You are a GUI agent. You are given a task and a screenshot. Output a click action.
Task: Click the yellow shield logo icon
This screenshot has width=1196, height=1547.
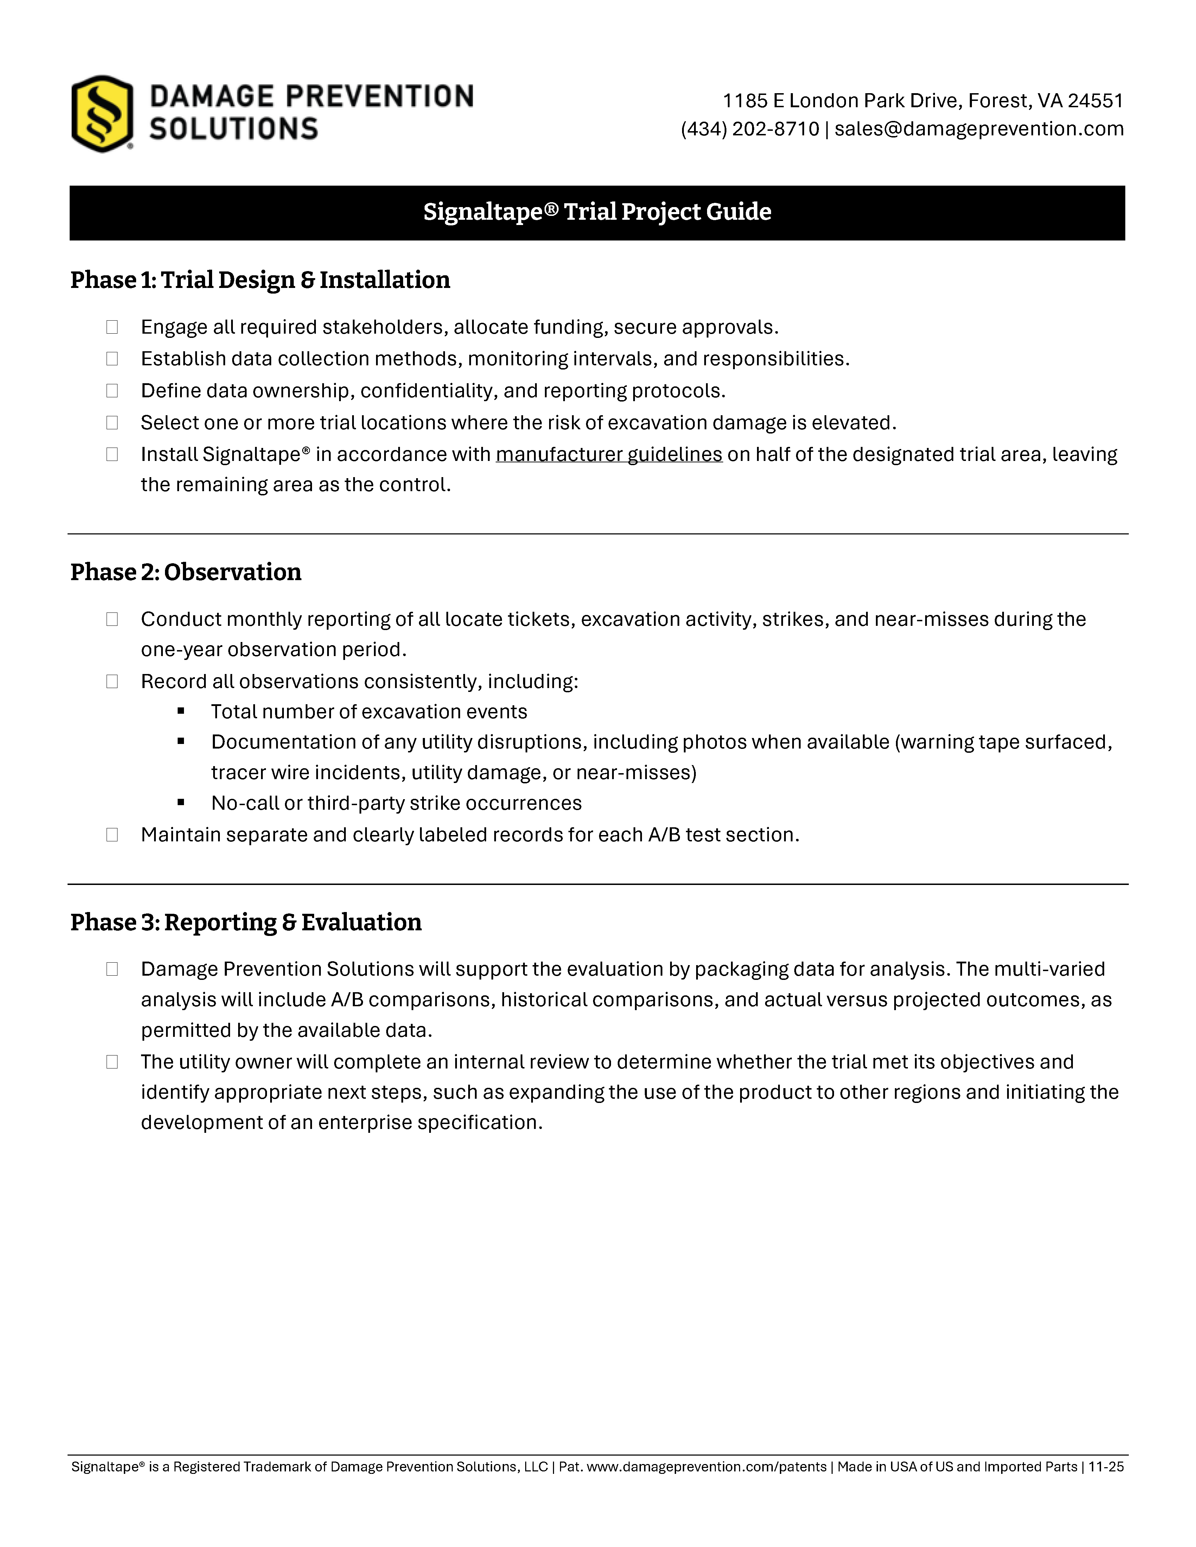pyautogui.click(x=102, y=113)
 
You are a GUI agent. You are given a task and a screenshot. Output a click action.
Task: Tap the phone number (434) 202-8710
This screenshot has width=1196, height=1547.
pyautogui.click(x=750, y=129)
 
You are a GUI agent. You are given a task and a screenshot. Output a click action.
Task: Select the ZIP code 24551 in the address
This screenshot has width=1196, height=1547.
pyautogui.click(x=1095, y=101)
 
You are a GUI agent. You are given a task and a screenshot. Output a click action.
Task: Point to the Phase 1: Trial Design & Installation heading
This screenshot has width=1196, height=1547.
pyautogui.click(x=260, y=280)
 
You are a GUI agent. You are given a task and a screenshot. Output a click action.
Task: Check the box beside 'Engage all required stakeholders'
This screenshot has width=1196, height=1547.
pyautogui.click(x=112, y=327)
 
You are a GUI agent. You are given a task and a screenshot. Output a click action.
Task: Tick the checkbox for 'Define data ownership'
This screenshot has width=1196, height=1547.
pyautogui.click(x=112, y=391)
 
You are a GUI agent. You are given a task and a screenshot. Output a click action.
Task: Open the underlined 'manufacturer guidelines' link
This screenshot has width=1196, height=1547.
pyautogui.click(x=609, y=454)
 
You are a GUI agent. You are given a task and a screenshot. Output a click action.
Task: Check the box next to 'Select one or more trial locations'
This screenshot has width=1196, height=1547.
pyautogui.click(x=112, y=423)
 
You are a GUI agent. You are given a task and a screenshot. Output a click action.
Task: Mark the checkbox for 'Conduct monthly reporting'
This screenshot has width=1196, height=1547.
pyautogui.click(x=112, y=619)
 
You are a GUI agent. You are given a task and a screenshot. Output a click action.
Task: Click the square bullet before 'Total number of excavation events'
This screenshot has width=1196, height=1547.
pyautogui.click(x=182, y=711)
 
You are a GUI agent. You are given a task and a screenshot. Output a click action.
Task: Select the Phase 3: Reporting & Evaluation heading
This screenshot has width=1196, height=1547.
pyautogui.click(x=246, y=922)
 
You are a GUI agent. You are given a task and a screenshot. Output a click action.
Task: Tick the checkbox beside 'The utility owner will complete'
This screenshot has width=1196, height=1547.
pyautogui.click(x=112, y=1062)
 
